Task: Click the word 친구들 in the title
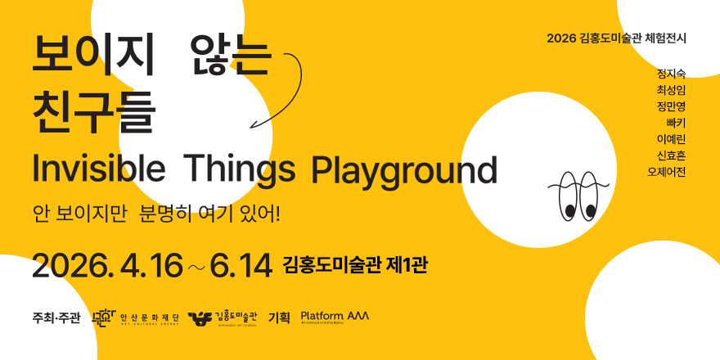pyautogui.click(x=92, y=113)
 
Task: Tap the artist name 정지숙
pyautogui.click(x=670, y=74)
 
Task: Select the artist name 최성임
pyautogui.click(x=670, y=90)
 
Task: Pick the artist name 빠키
pyautogui.click(x=675, y=123)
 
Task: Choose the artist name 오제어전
pyautogui.click(x=666, y=172)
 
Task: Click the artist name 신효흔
pyautogui.click(x=670, y=155)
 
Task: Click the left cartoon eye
pyautogui.click(x=568, y=196)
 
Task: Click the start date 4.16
pyautogui.click(x=151, y=265)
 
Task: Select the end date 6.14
pyautogui.click(x=240, y=265)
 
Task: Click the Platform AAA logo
pyautogui.click(x=335, y=317)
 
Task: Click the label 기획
pyautogui.click(x=279, y=317)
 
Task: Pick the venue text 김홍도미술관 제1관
pyautogui.click(x=354, y=265)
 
